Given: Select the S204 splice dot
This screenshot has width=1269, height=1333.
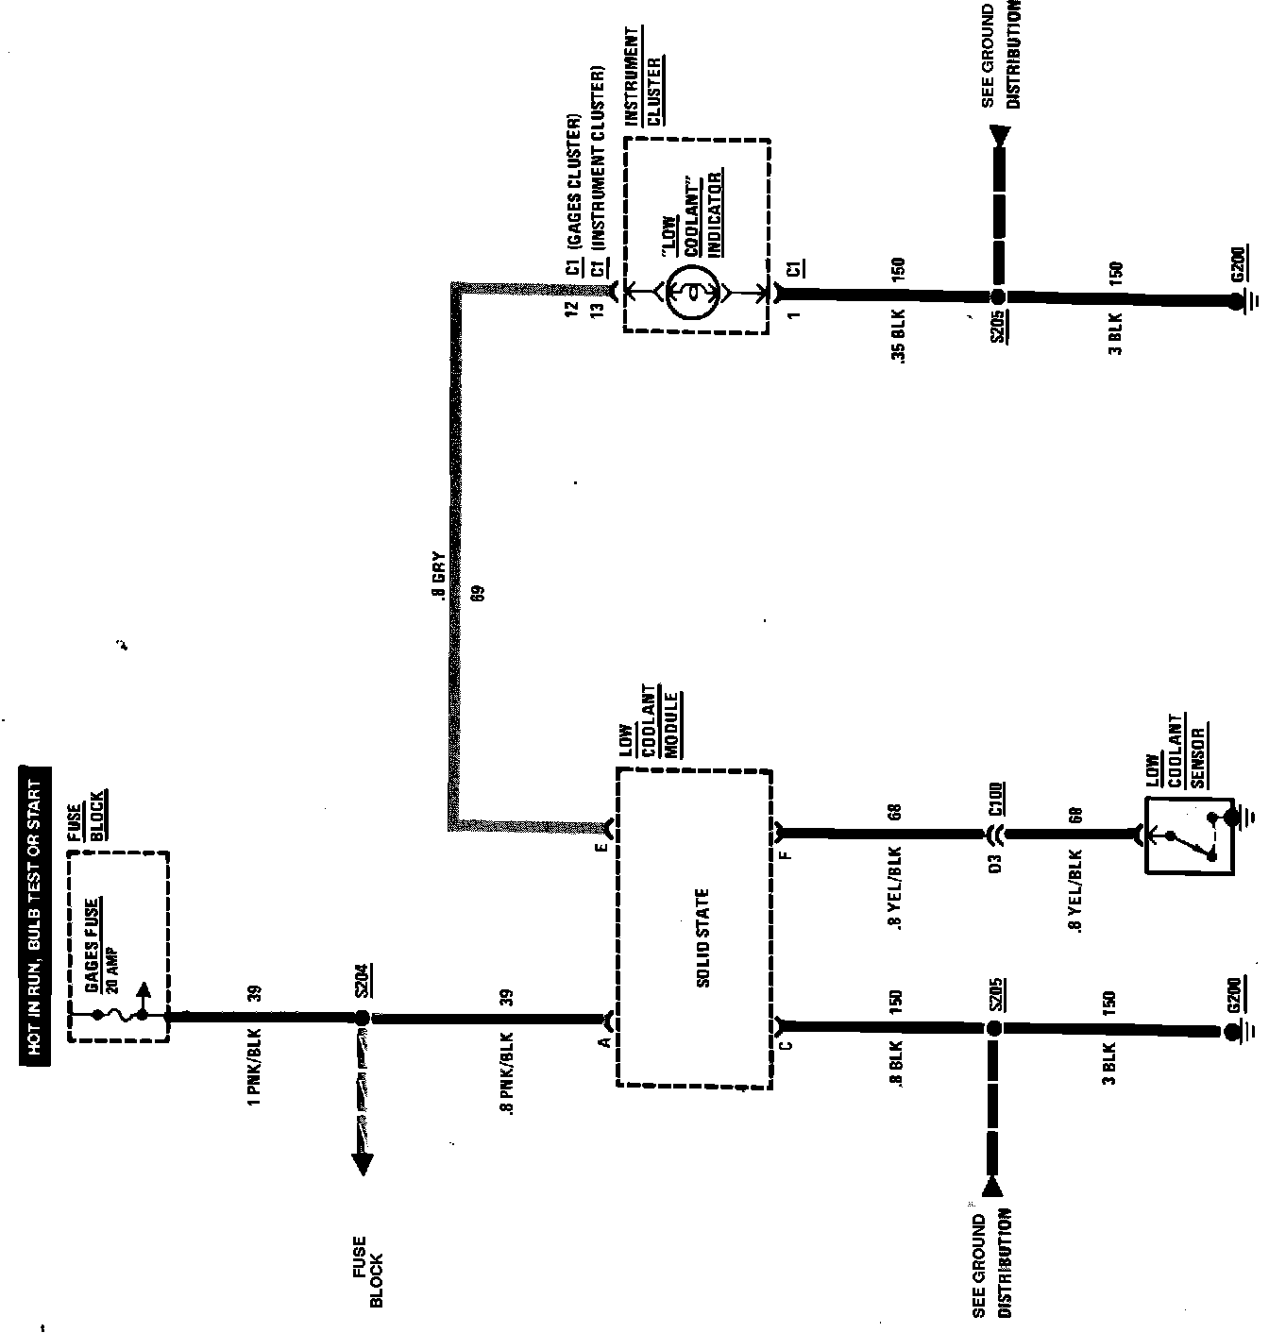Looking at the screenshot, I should pyautogui.click(x=361, y=1018).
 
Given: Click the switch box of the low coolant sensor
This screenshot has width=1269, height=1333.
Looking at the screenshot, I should pyautogui.click(x=1189, y=835).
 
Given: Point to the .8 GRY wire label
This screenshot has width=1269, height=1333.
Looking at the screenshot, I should pyautogui.click(x=437, y=577).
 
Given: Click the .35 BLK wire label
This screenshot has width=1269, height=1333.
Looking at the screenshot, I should pyautogui.click(x=897, y=337).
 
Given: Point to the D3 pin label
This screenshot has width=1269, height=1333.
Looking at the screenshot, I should pyautogui.click(x=994, y=863).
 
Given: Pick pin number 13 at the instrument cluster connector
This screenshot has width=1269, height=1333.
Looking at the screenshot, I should pyautogui.click(x=597, y=311).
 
